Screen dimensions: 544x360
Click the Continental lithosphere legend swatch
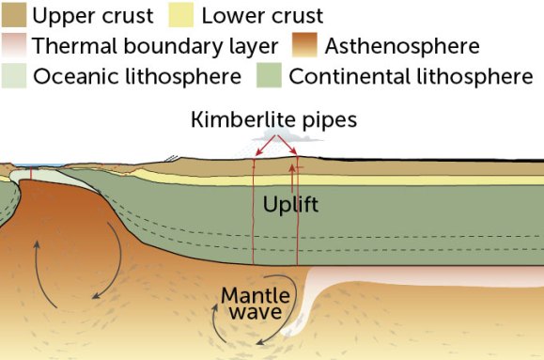[271, 76]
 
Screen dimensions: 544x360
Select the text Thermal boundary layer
[154, 46]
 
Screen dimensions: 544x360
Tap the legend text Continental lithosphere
[411, 76]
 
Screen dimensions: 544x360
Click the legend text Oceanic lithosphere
[137, 76]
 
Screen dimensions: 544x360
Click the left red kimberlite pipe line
[254, 216]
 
